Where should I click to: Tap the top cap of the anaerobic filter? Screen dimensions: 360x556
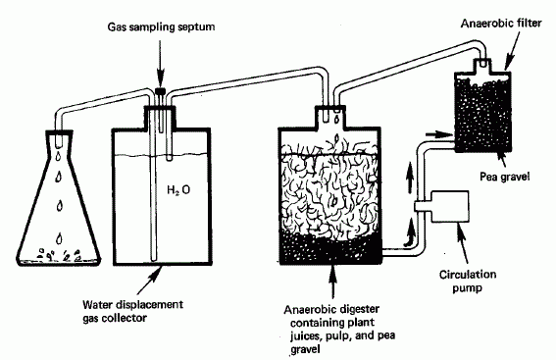[x=480, y=63]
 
